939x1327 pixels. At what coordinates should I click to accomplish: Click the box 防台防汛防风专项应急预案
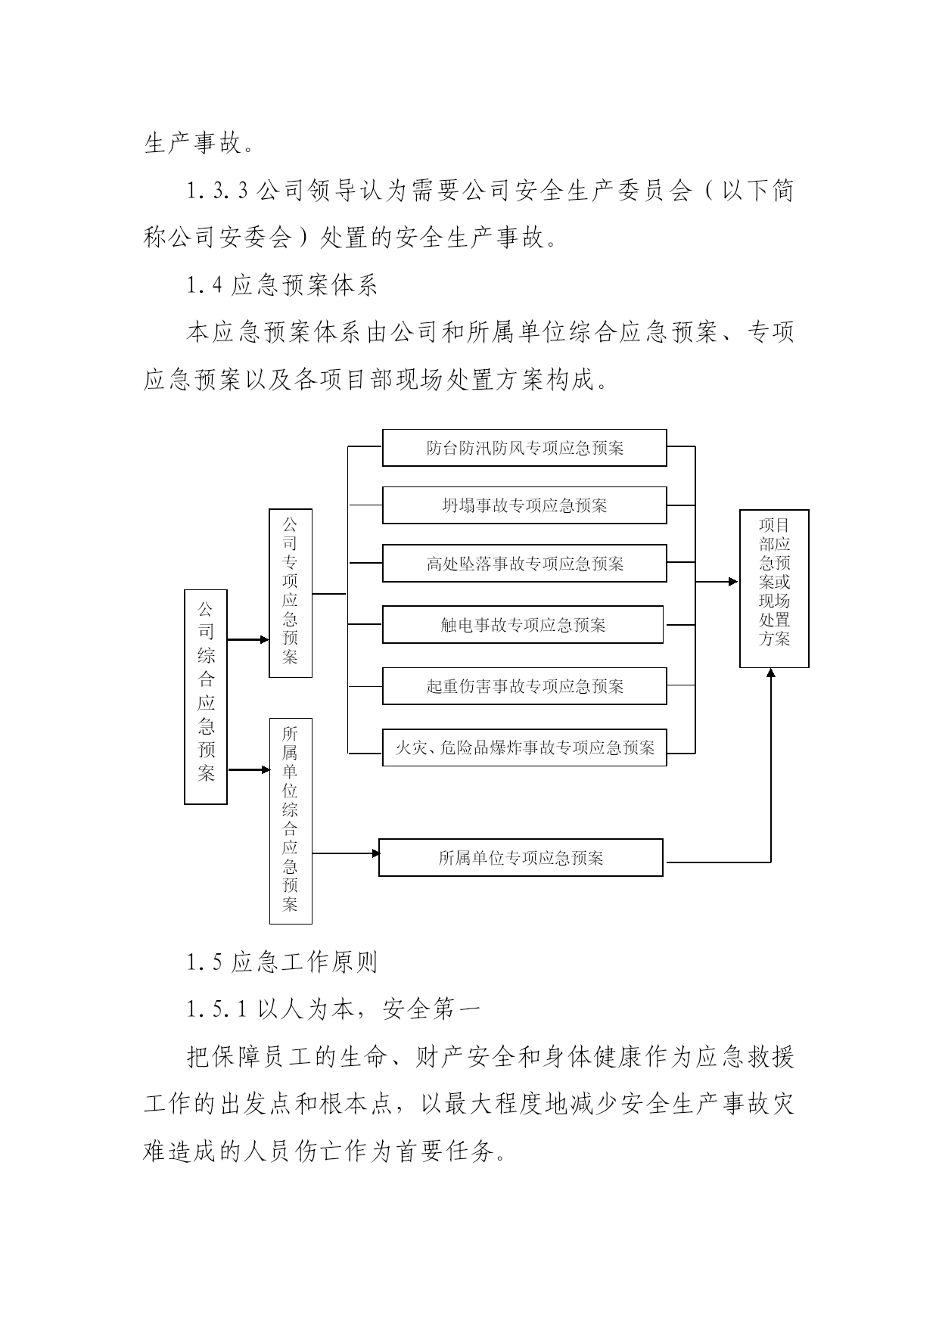tap(524, 448)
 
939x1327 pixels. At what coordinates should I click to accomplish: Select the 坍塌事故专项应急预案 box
tap(524, 505)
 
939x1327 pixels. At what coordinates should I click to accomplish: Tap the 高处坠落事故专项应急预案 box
tap(524, 564)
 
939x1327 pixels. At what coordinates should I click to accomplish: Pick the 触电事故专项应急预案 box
tap(523, 625)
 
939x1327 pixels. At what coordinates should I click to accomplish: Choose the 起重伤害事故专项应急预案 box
tap(524, 686)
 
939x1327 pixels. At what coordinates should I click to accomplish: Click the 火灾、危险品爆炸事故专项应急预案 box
tap(524, 747)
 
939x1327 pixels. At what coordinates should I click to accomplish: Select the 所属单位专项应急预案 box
tap(521, 858)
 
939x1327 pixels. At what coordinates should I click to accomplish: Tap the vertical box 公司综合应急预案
tap(206, 697)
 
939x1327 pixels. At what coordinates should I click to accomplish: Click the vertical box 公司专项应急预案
tap(291, 593)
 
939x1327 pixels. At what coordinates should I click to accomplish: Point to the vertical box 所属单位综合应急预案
tap(291, 821)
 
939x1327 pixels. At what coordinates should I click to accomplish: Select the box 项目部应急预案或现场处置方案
tap(774, 589)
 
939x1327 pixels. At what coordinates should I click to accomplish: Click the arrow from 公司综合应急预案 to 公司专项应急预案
tap(248, 640)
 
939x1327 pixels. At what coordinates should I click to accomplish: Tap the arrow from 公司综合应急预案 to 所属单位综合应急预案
tap(249, 770)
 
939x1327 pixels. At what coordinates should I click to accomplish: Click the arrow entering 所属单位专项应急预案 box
tap(346, 853)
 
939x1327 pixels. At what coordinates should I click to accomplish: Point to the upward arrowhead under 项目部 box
tap(771, 673)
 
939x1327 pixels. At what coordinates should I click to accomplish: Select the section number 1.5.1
tap(219, 1009)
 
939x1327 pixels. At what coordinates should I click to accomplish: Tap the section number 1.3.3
tap(219, 191)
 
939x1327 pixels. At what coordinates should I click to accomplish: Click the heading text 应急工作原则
tap(304, 962)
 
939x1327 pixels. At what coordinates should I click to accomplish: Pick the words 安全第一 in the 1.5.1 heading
tap(432, 1009)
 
